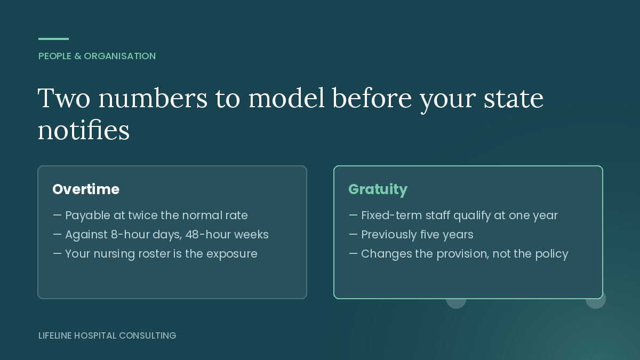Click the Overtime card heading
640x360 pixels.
(x=86, y=189)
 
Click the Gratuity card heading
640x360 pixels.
(x=378, y=190)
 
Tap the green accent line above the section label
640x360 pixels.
(x=53, y=39)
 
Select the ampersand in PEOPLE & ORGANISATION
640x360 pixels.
(x=78, y=56)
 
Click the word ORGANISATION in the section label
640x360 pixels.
(x=119, y=56)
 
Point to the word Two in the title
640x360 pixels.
(x=64, y=98)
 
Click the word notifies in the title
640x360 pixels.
(x=83, y=130)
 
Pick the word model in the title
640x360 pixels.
(x=286, y=98)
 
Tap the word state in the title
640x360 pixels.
(x=514, y=99)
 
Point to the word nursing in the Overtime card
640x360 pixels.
(x=114, y=254)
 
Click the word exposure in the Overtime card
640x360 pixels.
(x=231, y=254)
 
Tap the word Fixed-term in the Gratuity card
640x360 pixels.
(x=391, y=215)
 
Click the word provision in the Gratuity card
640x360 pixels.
(x=462, y=254)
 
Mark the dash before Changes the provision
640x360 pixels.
(x=353, y=253)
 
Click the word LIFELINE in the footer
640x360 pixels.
(x=55, y=335)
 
